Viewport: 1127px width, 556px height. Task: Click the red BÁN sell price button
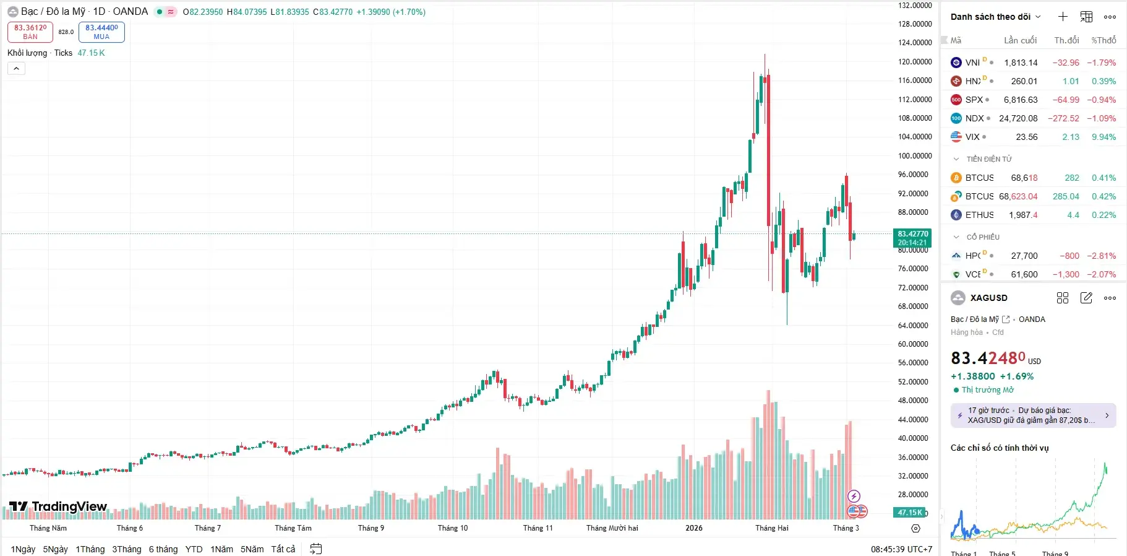pos(30,32)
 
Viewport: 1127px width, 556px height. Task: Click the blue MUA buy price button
pos(101,32)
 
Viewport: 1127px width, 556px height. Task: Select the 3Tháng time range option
pos(126,549)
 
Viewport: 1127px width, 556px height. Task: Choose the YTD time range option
pos(194,549)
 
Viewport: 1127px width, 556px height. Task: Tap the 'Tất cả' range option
pos(283,549)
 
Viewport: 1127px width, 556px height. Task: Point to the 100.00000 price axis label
pos(915,156)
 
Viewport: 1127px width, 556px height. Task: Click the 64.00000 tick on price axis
pos(915,326)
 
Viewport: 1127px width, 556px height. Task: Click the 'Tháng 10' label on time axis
pos(453,528)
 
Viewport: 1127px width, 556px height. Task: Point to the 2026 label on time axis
pos(694,528)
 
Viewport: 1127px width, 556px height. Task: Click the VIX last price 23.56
pos(1027,137)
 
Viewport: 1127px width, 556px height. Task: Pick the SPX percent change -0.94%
pos(1101,100)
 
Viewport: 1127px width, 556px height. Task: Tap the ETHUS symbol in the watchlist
pos(980,215)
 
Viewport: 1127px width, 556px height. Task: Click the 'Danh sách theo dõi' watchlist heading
pos(990,17)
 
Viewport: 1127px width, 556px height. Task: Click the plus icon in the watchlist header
pos(1063,17)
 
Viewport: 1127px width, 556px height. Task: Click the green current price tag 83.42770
pos(912,238)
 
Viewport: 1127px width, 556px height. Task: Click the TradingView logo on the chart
pos(59,507)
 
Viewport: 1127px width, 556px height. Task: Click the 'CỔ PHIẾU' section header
pos(983,237)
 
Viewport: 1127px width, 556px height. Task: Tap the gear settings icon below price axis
pos(915,529)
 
